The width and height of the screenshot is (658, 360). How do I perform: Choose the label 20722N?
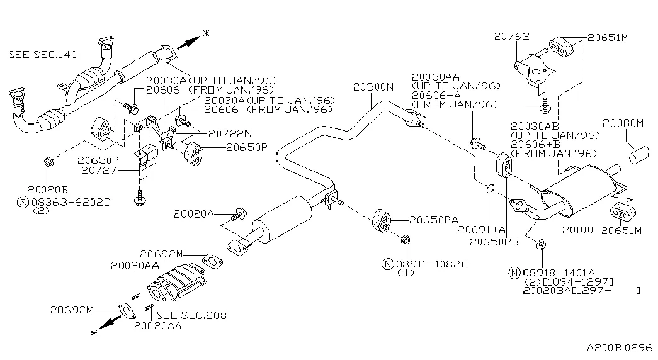(x=230, y=133)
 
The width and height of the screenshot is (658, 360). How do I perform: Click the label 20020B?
(x=47, y=189)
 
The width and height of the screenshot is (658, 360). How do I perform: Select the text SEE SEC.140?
(x=42, y=55)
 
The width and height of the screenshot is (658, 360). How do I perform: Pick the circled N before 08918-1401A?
(x=514, y=273)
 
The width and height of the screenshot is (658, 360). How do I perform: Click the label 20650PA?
(x=433, y=220)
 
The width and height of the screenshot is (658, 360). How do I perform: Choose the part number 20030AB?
(x=536, y=125)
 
